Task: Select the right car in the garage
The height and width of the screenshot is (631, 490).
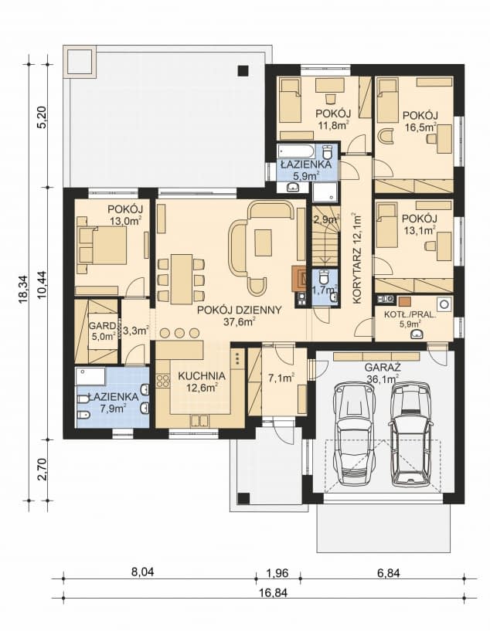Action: pyautogui.click(x=410, y=433)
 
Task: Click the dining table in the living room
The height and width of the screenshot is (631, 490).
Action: pyautogui.click(x=180, y=279)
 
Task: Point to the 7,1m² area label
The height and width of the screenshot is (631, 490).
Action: pyautogui.click(x=277, y=378)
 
